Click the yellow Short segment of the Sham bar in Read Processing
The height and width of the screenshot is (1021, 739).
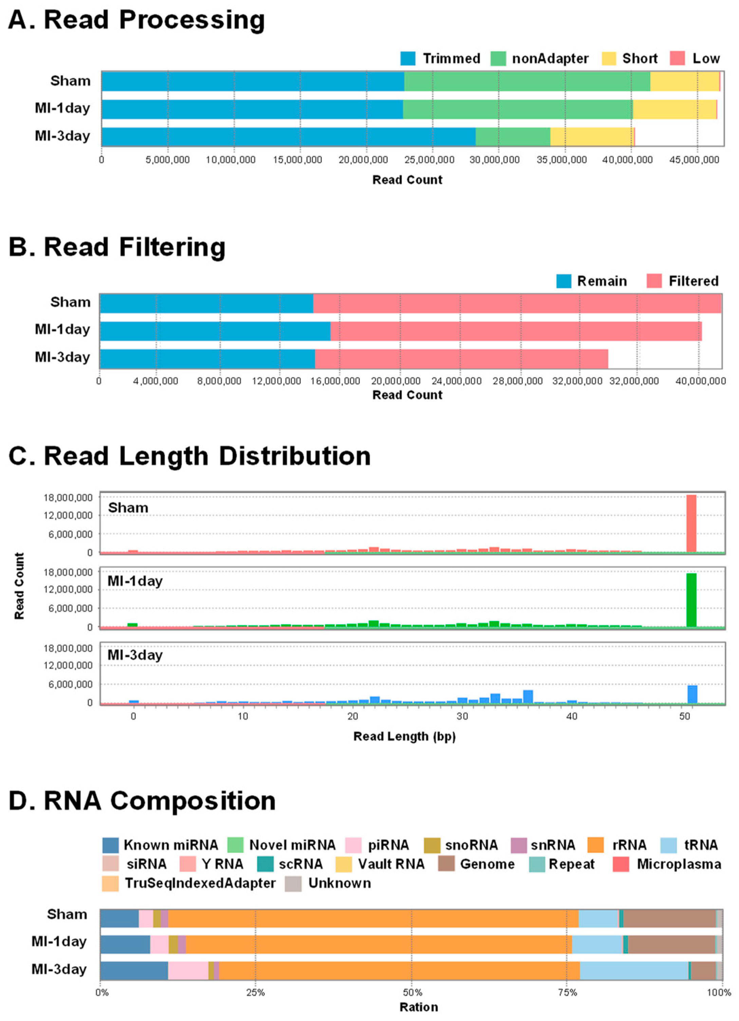tap(684, 81)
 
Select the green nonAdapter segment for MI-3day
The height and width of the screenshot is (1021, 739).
tap(513, 137)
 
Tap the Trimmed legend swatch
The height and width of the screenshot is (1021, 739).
tap(408, 58)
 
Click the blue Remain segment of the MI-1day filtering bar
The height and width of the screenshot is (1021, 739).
tap(215, 331)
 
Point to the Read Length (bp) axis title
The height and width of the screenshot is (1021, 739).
tap(404, 737)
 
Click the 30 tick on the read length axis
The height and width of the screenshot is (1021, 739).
tap(462, 716)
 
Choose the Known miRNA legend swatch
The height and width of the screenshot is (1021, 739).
tap(110, 845)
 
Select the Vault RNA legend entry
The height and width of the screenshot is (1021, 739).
tap(391, 864)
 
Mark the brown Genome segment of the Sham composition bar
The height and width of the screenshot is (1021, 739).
tap(669, 919)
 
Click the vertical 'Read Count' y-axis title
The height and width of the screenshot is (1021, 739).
tap(19, 586)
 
